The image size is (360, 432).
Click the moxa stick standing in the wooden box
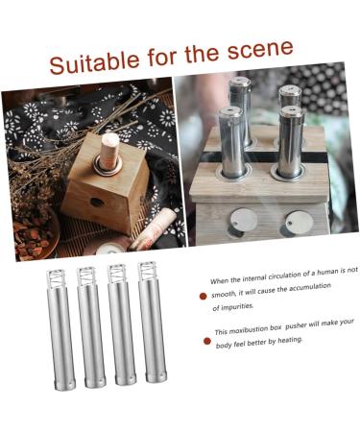tap(111, 154)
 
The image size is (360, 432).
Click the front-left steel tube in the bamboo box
tap(232, 144)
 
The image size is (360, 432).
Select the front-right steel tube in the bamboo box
tap(292, 144)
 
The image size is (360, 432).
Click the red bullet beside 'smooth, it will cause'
tap(203, 297)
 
